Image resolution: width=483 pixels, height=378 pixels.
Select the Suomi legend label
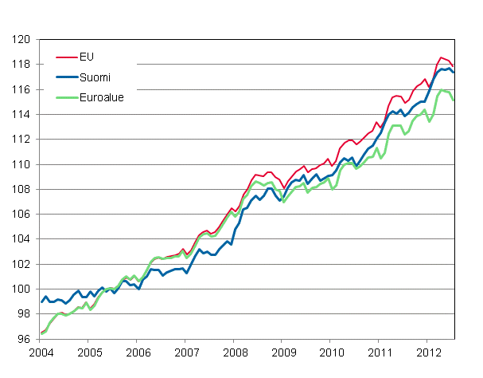[95, 77]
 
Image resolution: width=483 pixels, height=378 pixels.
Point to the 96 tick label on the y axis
[24, 339]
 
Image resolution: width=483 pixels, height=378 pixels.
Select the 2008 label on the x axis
[235, 351]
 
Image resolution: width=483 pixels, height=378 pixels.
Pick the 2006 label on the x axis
[137, 351]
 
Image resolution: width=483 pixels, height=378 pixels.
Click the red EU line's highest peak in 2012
[441, 57]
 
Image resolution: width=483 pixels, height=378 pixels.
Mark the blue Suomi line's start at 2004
[41, 301]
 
